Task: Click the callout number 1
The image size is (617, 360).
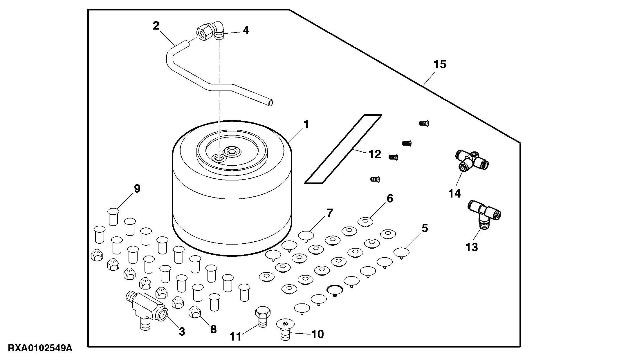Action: (x=306, y=125)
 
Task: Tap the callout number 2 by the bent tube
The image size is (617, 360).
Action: (x=156, y=26)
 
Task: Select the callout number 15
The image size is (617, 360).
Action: (x=440, y=64)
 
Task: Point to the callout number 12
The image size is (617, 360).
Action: (x=374, y=154)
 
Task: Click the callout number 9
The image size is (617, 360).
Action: (x=137, y=189)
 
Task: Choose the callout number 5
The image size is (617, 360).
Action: (x=425, y=228)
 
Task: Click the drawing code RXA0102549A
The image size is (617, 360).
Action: (x=40, y=348)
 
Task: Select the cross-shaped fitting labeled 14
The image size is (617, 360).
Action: (x=471, y=161)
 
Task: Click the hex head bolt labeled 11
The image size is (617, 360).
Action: (x=262, y=316)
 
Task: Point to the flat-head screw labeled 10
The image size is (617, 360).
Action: (x=285, y=330)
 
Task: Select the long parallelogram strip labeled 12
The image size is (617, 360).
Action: (x=343, y=149)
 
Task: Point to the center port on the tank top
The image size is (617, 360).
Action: (x=231, y=151)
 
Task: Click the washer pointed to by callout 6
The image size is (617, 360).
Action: (x=365, y=222)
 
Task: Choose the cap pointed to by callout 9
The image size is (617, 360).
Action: (x=113, y=216)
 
